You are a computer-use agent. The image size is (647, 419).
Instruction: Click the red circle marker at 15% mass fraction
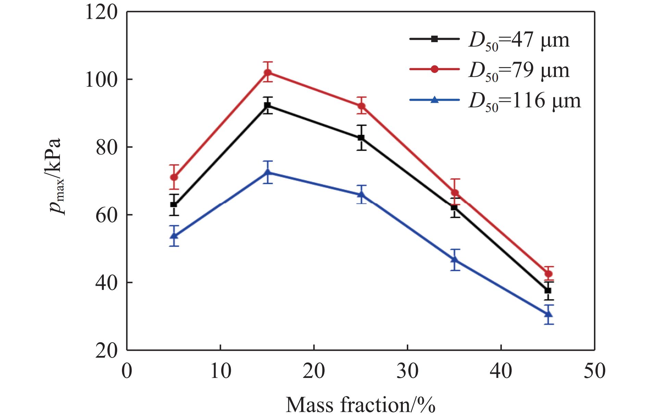[x=268, y=72]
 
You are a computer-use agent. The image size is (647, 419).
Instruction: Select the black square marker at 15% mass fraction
[x=268, y=105]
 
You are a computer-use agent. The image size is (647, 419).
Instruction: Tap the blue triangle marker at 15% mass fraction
[x=268, y=172]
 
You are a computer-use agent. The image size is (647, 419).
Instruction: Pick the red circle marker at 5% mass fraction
[x=174, y=177]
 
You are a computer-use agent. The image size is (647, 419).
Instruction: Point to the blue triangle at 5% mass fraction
[x=174, y=236]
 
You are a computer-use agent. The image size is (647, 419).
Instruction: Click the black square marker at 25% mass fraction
[x=361, y=138]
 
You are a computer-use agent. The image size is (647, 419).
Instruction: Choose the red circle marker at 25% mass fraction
[x=361, y=106]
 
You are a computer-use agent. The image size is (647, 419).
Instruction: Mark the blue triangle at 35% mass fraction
[x=455, y=259]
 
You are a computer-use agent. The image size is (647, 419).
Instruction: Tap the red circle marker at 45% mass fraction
[x=548, y=274]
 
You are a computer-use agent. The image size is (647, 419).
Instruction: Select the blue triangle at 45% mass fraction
[x=548, y=314]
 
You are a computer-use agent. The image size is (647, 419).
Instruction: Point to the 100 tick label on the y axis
[x=101, y=79]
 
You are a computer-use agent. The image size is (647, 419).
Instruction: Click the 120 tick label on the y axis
[x=101, y=12]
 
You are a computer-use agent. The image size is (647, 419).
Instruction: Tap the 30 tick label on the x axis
[x=408, y=371]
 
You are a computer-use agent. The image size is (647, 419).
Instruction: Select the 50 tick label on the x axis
[x=595, y=371]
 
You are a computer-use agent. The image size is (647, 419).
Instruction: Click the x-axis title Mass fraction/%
[x=360, y=405]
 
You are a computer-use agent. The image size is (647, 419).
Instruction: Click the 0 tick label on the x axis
[x=127, y=371]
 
